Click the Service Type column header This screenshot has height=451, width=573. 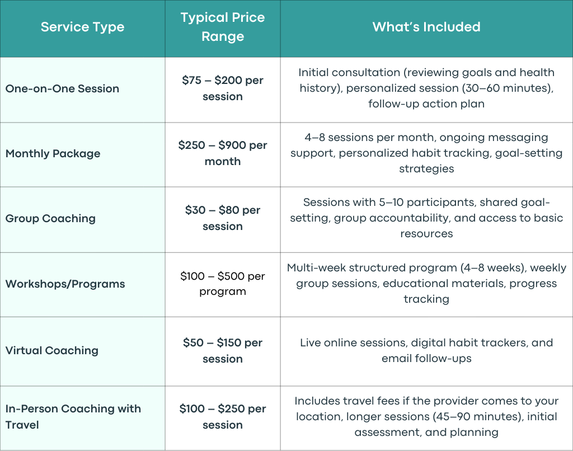click(83, 27)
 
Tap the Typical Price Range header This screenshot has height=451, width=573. click(223, 27)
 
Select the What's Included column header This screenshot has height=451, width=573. click(426, 27)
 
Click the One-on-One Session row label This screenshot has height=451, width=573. click(62, 88)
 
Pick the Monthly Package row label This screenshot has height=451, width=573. click(53, 153)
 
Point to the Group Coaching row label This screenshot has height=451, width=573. click(50, 218)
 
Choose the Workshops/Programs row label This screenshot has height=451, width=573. click(65, 284)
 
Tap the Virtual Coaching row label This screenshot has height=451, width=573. click(52, 350)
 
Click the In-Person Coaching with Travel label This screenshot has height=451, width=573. click(73, 417)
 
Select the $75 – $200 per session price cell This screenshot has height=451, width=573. click(223, 88)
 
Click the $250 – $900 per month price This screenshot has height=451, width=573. click(223, 153)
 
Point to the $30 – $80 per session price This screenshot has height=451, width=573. click(223, 218)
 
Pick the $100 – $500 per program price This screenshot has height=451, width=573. click(223, 284)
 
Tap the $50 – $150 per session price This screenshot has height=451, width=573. click(223, 350)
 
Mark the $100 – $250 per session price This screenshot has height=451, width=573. click(223, 417)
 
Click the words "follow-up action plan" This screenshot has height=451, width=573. click(426, 104)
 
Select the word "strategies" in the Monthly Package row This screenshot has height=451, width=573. click(426, 169)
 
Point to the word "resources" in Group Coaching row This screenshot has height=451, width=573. click(426, 233)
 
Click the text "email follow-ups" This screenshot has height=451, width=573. click(426, 359)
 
